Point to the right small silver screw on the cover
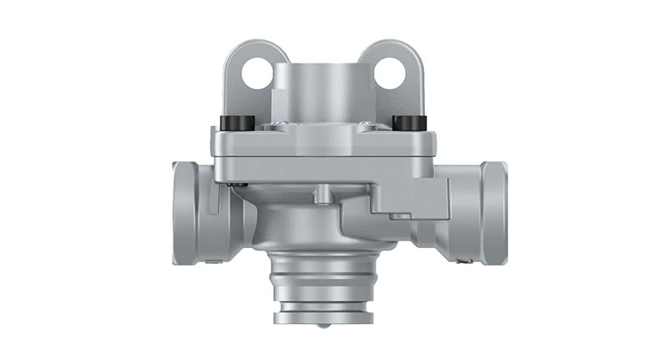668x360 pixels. coord(364,125)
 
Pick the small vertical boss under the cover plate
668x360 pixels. coord(322,196)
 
